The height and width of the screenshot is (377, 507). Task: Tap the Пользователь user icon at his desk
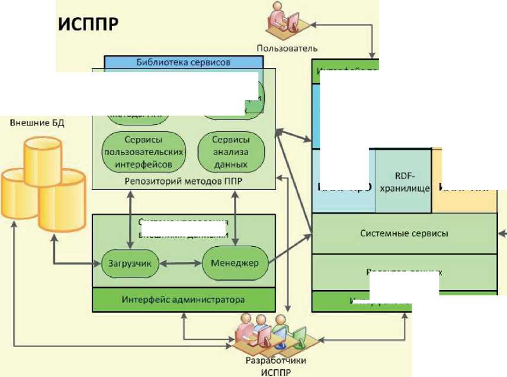pos(287,21)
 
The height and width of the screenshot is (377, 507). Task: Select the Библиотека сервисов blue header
pos(183,62)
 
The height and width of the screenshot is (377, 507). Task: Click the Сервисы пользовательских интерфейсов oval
pos(144,151)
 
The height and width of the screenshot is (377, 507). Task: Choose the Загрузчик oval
pos(130,264)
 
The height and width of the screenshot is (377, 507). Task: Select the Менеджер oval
pos(235,263)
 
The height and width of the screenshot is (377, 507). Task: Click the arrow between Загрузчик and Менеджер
pos(181,263)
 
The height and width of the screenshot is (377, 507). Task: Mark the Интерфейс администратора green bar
pos(184,299)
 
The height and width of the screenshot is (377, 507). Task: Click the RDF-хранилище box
pos(403,182)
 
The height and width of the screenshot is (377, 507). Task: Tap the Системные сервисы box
pos(404,233)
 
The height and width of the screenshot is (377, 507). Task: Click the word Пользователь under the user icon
pos(287,48)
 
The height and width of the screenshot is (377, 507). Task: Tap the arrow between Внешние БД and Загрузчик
pos(71,260)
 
